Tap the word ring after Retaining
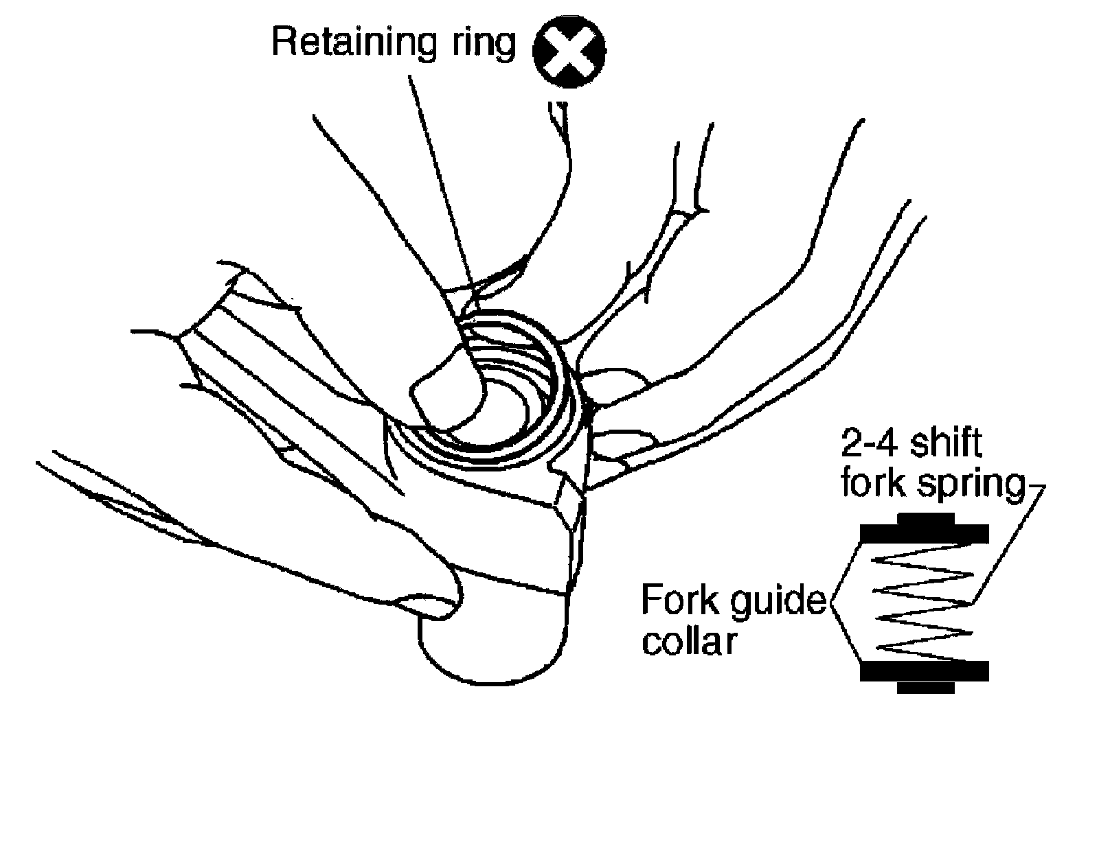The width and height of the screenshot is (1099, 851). tap(480, 43)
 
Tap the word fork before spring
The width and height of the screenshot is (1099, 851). tap(869, 485)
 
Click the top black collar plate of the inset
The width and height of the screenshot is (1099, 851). tap(924, 533)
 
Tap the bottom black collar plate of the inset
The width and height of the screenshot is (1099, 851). tap(924, 671)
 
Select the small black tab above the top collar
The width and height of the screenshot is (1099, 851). tap(925, 518)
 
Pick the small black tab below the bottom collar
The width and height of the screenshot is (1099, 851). tap(925, 687)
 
